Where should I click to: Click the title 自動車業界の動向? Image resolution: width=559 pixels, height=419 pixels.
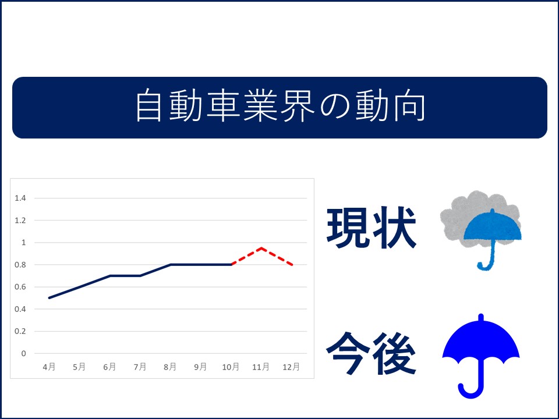point(280,106)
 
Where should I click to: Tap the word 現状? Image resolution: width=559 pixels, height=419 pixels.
point(371,228)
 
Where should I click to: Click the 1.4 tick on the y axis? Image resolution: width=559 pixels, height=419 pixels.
point(20,198)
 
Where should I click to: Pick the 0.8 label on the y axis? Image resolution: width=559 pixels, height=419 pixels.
point(20,265)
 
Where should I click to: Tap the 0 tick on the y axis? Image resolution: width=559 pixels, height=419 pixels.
point(23,353)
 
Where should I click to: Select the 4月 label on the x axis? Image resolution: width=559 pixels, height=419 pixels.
point(49,367)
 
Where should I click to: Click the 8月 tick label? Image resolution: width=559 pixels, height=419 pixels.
point(170,367)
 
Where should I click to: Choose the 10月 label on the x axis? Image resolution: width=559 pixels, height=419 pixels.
point(231,367)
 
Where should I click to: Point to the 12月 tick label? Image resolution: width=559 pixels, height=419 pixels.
point(291,367)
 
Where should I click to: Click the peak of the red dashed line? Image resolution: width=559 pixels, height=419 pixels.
point(261,248)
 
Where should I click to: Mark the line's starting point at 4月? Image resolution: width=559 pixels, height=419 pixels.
point(49,298)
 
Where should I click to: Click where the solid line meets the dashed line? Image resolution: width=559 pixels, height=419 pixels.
point(232,264)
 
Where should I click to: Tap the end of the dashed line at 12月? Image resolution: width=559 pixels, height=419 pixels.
point(292,265)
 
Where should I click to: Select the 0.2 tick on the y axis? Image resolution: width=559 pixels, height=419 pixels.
point(20,331)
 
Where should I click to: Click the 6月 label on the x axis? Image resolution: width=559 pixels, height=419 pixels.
point(109,367)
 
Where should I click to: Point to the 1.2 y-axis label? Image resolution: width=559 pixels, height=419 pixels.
point(20,220)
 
